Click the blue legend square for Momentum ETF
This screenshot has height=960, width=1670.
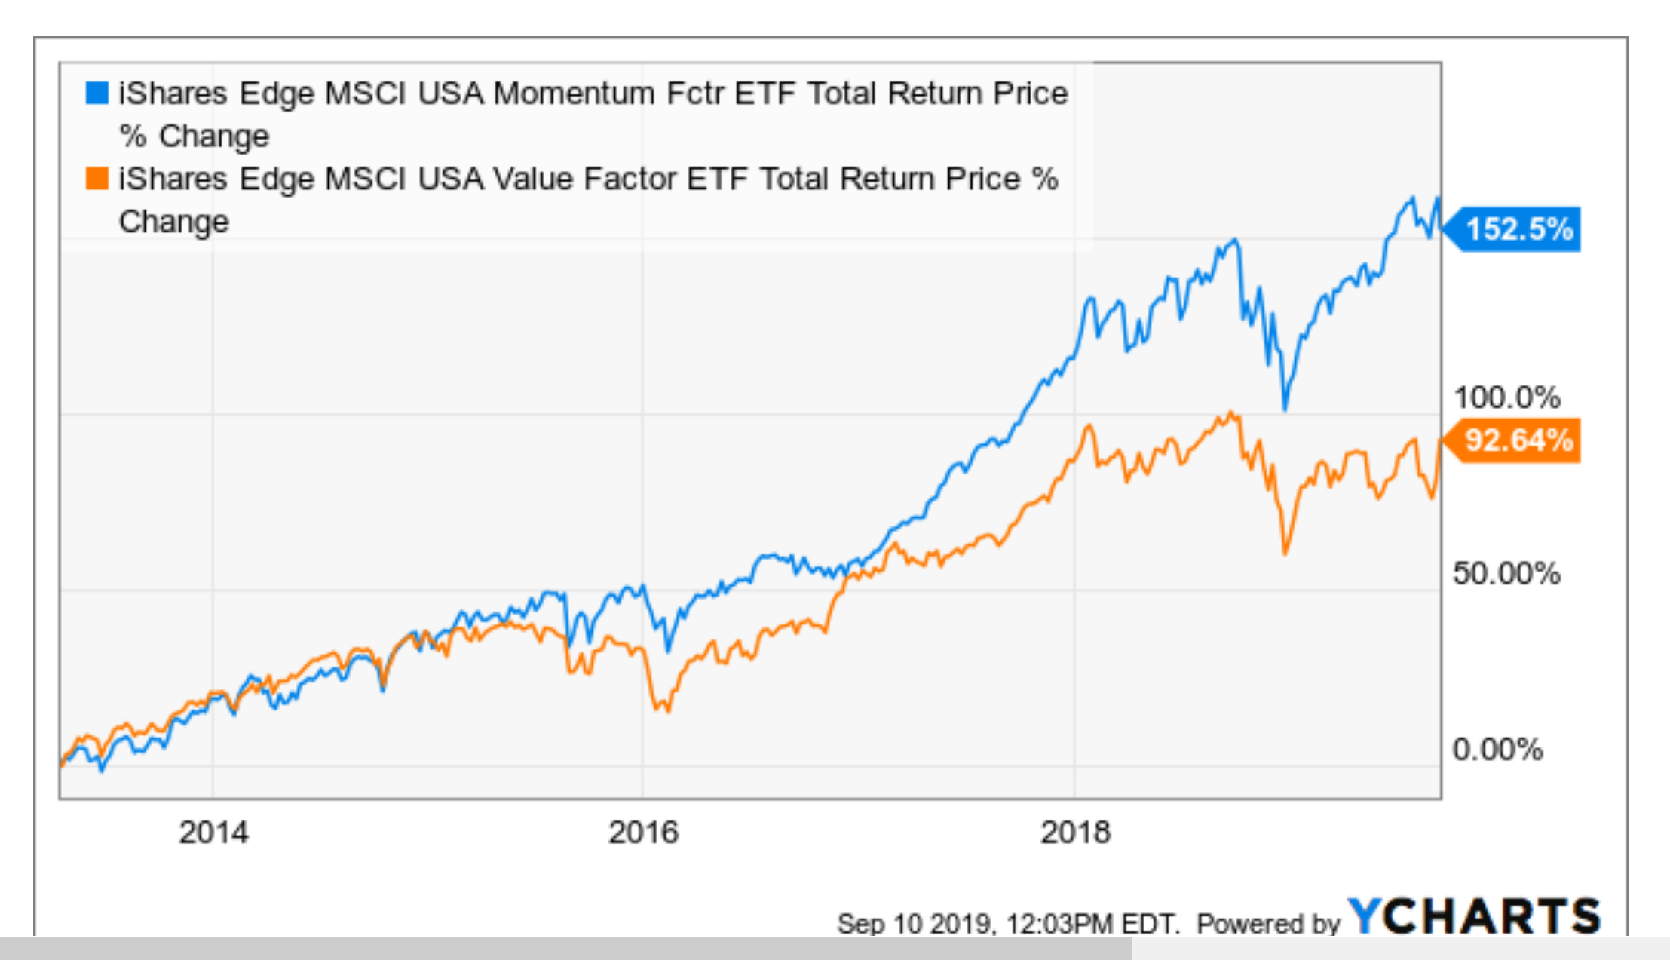[x=97, y=93]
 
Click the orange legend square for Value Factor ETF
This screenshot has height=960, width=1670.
[x=97, y=179]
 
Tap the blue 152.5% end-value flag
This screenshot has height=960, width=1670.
[x=1517, y=228]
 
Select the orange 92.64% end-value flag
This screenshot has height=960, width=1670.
[x=1517, y=440]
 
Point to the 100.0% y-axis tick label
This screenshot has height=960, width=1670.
[x=1506, y=397]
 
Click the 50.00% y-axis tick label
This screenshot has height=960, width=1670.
[x=1506, y=574]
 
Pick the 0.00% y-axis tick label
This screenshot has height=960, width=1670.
[x=1497, y=750]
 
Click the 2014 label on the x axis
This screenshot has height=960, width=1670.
[x=213, y=833]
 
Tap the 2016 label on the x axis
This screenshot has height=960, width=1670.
[x=643, y=833]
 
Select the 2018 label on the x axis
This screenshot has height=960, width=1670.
[x=1075, y=833]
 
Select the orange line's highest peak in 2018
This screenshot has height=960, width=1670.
[x=1231, y=413]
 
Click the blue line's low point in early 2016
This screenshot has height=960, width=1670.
[x=667, y=650]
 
